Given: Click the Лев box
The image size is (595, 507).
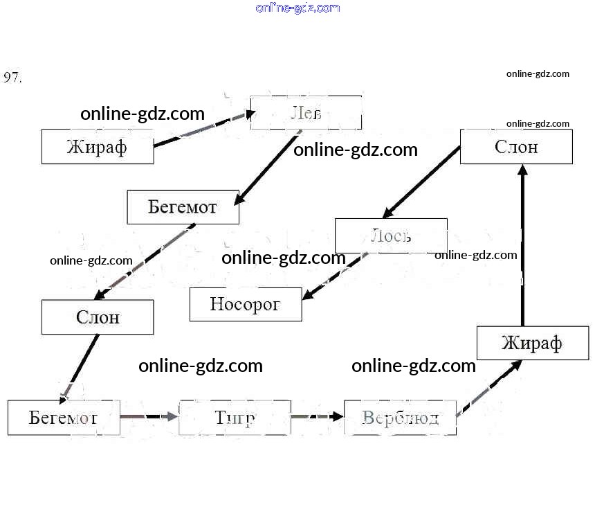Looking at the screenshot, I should [306, 113].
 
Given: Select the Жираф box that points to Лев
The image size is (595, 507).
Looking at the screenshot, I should [98, 147].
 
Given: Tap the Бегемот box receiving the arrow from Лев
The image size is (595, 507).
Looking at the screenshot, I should [183, 207].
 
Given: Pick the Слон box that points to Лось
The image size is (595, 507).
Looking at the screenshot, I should [516, 147].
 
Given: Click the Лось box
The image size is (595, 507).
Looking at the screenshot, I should [391, 235].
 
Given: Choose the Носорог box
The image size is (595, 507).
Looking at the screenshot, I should [246, 304].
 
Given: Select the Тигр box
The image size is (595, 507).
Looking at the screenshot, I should [235, 418].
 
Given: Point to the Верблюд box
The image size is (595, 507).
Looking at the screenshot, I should [400, 418].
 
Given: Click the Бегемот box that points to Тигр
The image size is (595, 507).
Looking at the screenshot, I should [64, 418].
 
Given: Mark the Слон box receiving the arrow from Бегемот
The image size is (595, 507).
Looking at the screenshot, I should [98, 317].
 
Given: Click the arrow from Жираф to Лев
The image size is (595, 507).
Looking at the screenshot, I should [201, 131].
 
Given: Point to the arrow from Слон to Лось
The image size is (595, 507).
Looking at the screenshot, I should [422, 181].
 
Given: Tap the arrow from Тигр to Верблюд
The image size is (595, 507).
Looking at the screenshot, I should [318, 417].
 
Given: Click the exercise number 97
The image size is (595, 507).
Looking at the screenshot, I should [12, 77].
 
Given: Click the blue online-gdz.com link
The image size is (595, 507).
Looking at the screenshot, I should [297, 8].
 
